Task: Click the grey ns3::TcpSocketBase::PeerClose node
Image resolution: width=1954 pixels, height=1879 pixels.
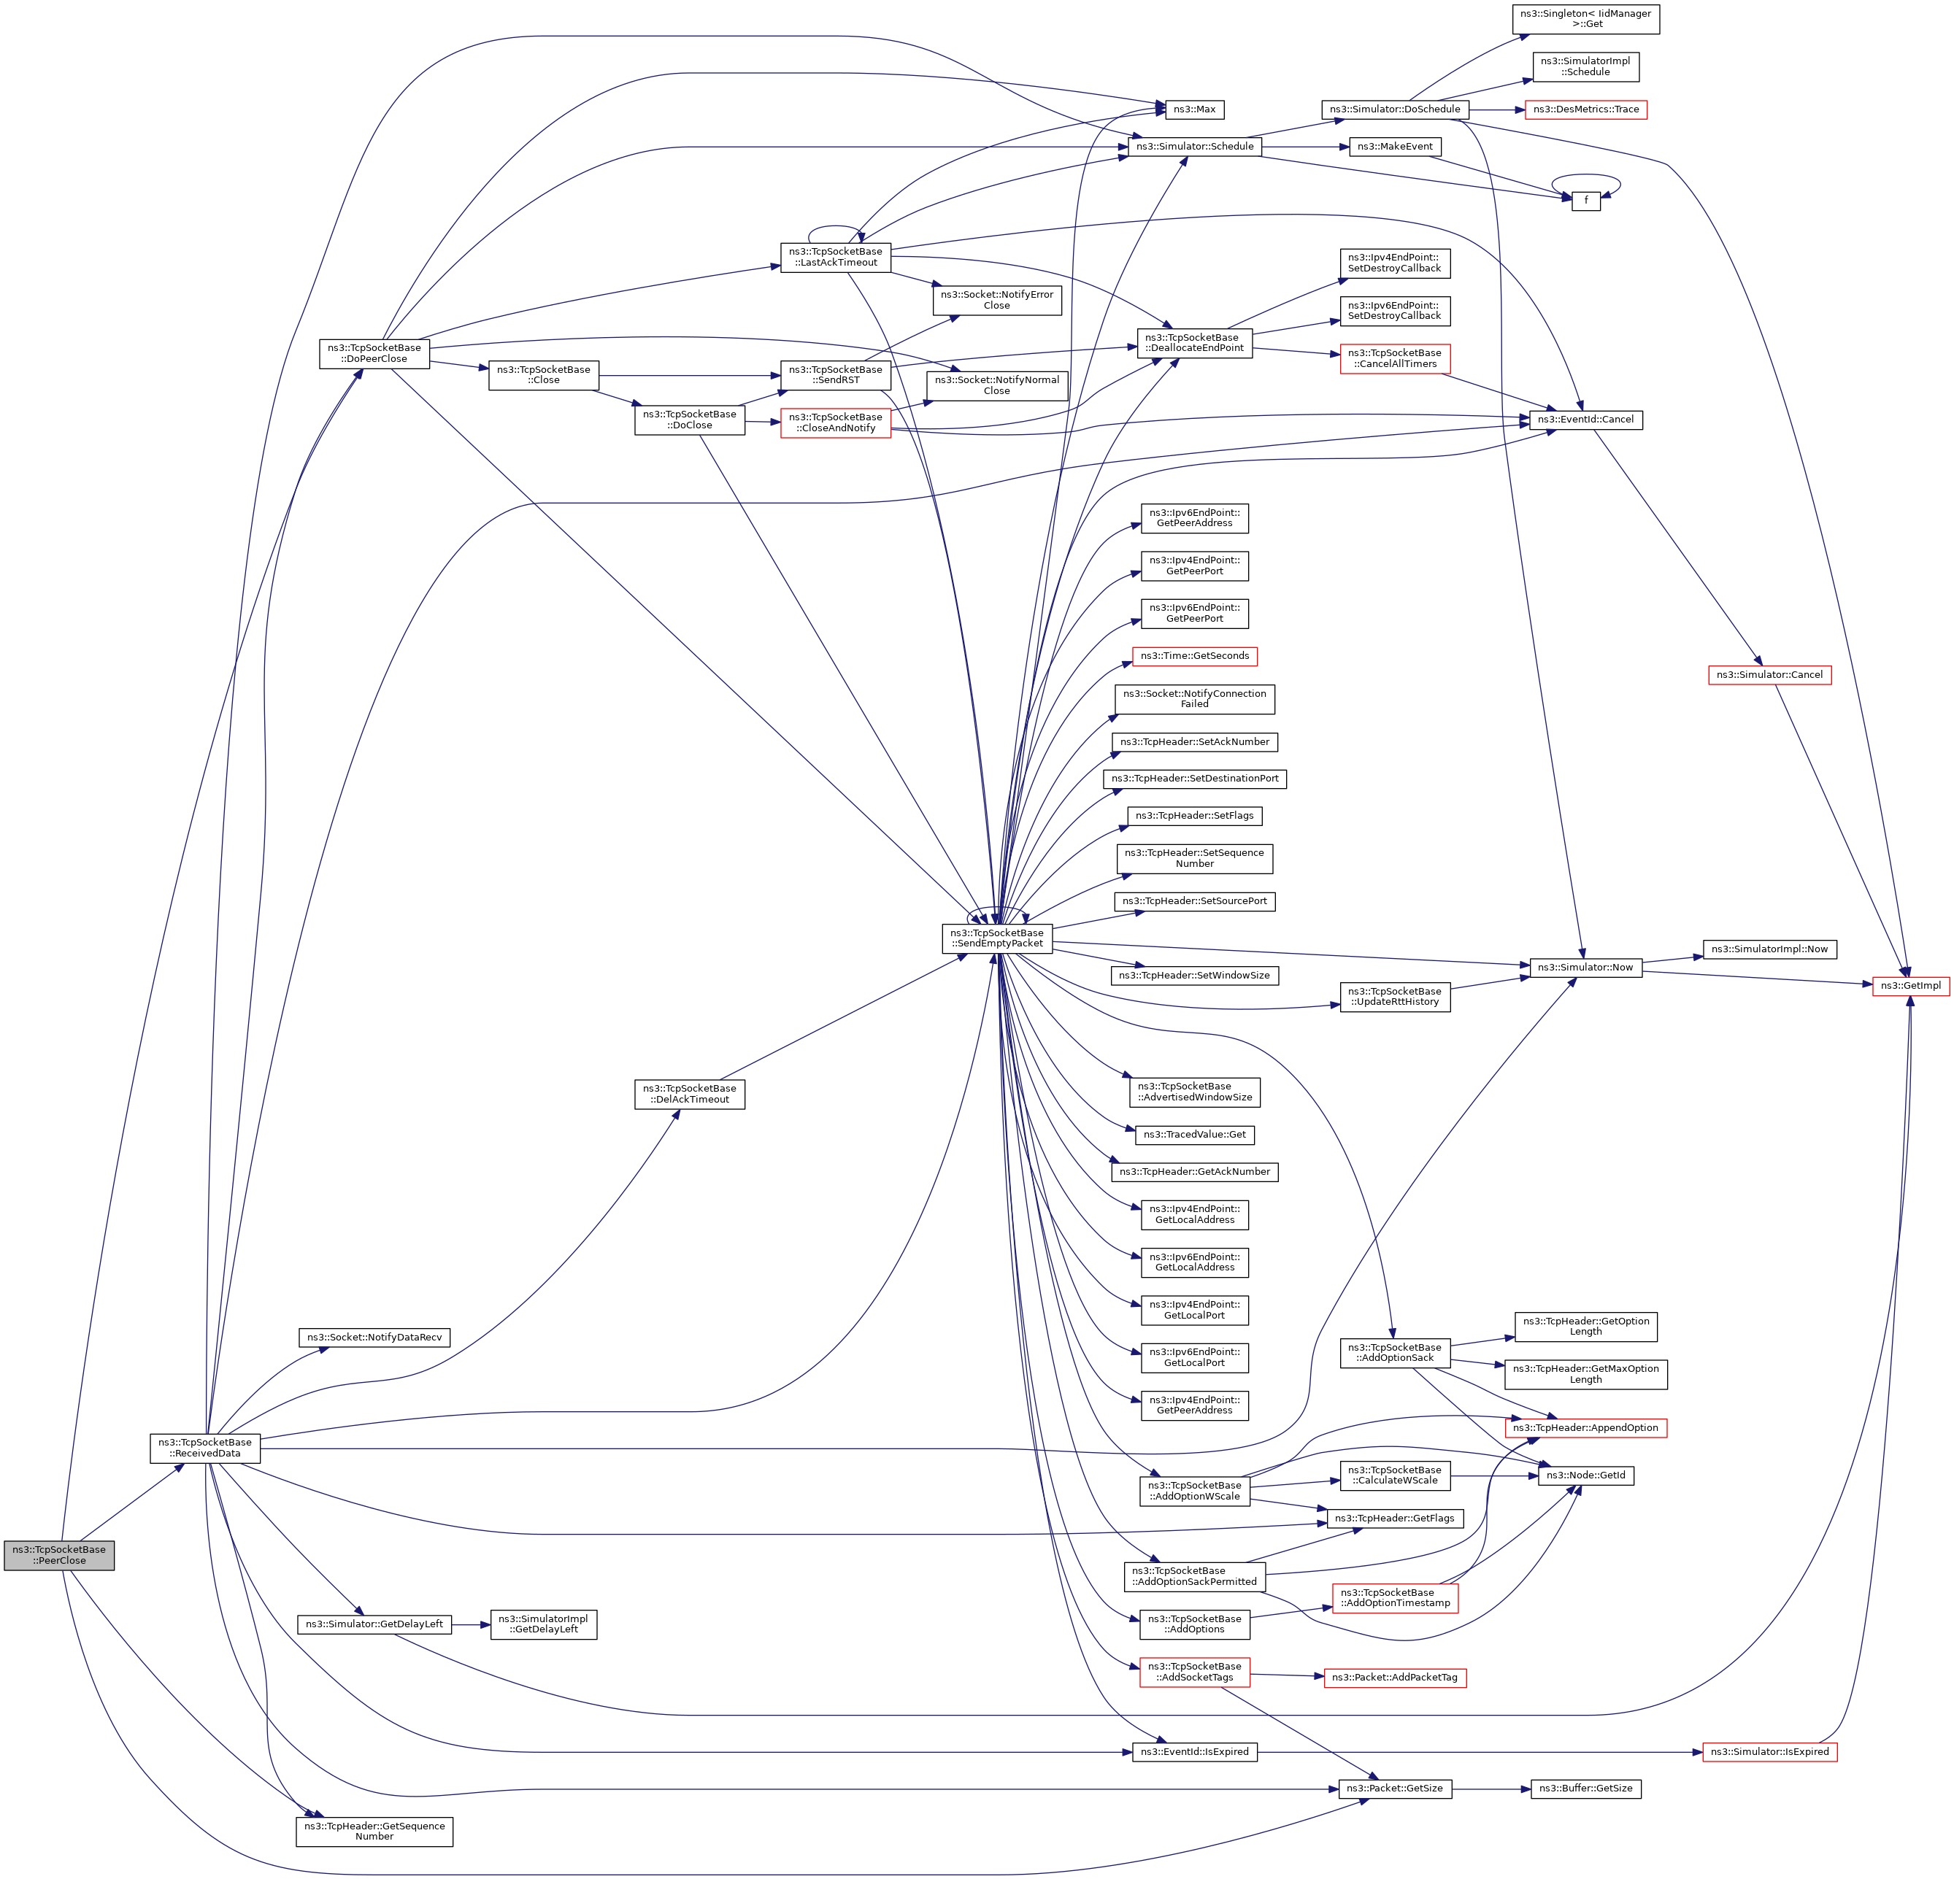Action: tap(59, 1555)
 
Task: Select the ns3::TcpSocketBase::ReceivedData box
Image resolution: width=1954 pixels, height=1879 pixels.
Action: tap(204, 1448)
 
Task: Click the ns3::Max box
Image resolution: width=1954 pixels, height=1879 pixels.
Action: tap(1194, 109)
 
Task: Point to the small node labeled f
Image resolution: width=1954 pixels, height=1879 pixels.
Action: tap(1586, 201)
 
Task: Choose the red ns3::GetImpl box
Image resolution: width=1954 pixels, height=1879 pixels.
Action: tap(1910, 986)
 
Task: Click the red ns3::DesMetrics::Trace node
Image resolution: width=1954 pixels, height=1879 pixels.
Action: tap(1586, 109)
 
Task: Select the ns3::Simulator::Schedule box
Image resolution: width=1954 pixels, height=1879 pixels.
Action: tap(1194, 147)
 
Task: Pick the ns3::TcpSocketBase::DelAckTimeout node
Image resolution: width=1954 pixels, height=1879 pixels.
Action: tap(689, 1094)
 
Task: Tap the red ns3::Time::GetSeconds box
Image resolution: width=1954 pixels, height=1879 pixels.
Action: tap(1194, 656)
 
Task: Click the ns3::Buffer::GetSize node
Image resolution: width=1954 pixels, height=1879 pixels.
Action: tap(1585, 1789)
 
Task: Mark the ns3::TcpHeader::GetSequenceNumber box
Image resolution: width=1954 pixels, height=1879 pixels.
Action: tap(374, 1831)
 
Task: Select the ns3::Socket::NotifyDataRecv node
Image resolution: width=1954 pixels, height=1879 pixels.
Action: tap(374, 1337)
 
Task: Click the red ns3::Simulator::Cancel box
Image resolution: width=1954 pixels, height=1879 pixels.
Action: tap(1769, 675)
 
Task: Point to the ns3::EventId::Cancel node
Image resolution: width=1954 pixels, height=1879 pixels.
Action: tap(1585, 420)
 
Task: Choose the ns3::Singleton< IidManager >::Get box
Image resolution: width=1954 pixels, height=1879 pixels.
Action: tap(1585, 19)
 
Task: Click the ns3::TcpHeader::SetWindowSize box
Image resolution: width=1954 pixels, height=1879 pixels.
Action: tap(1194, 975)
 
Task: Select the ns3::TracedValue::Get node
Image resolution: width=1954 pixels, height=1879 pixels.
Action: tap(1194, 1135)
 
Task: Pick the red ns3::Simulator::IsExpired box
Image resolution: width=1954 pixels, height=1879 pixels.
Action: tap(1769, 1751)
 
